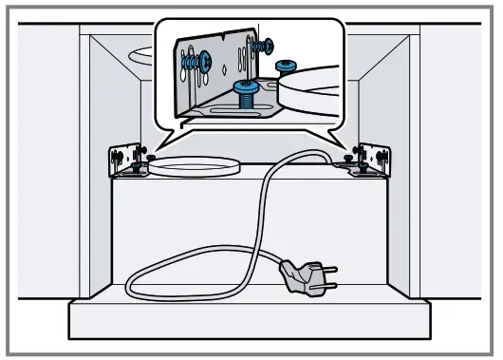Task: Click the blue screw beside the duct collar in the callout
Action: click(x=286, y=66)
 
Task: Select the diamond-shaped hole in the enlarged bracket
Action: click(x=225, y=67)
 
